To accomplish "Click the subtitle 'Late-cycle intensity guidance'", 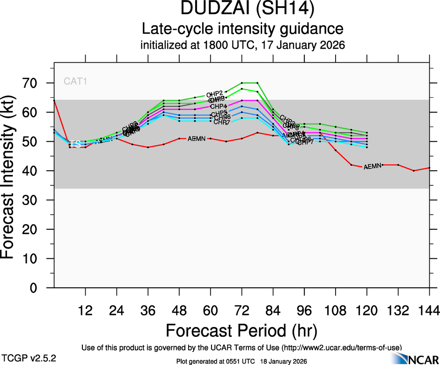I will pos(242,29).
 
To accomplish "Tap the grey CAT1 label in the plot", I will pos(76,81).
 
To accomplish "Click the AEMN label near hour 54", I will pos(197,139).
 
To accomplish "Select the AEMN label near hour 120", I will pos(373,166).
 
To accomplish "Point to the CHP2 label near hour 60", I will pos(214,95).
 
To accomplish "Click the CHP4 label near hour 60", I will pos(219,106).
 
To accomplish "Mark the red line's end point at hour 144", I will pos(429,168).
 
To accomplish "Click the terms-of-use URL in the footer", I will pos(341,347).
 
